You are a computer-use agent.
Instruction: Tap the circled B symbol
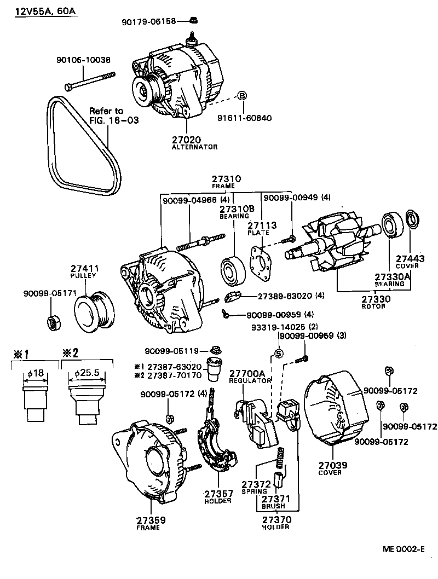241,96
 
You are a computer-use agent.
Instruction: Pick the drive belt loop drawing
82,145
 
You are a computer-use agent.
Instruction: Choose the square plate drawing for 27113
260,263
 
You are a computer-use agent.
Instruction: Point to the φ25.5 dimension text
85,374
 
